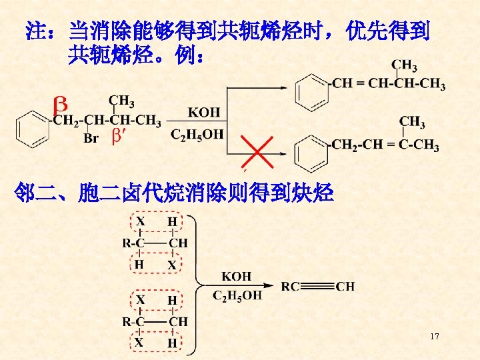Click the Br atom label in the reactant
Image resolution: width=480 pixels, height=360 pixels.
[91, 139]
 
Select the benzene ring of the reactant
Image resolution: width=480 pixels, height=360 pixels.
[31, 127]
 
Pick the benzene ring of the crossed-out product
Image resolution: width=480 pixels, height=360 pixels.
[312, 152]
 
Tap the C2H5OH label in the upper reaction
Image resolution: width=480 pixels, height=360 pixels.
[198, 135]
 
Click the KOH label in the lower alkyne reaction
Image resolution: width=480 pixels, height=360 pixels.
[237, 276]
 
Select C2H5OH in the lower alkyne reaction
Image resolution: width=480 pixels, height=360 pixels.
[237, 295]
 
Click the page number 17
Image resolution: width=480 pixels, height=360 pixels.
[434, 337]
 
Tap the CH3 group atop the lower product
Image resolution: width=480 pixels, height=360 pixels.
[412, 122]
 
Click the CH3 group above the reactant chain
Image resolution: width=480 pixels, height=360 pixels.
[121, 102]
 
